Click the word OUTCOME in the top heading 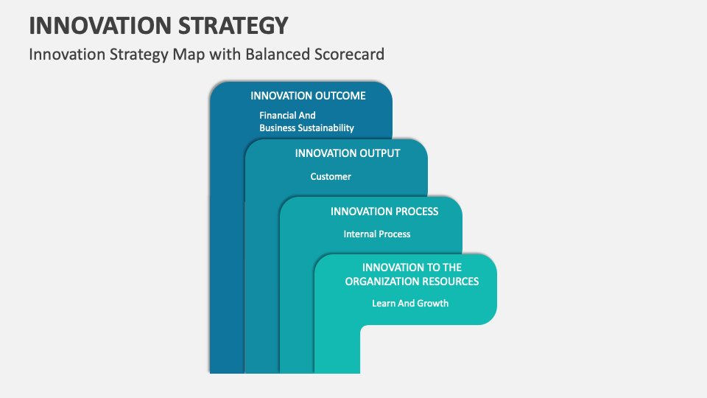340,96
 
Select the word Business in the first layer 277,128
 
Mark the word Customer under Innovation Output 331,176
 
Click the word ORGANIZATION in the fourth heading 383,281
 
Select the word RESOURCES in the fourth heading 451,281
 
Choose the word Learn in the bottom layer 384,303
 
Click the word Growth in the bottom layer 433,303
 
